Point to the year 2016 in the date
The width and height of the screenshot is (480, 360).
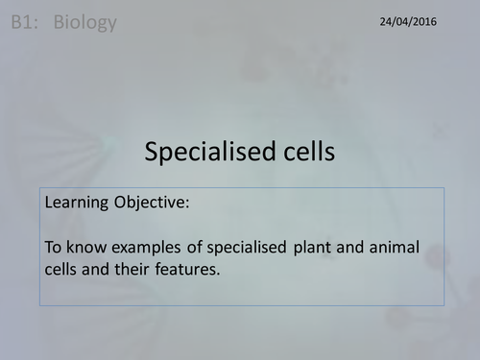point(420,20)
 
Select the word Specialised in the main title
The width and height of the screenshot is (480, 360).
point(203,151)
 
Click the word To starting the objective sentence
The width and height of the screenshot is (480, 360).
point(54,247)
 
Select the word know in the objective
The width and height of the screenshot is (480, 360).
point(86,247)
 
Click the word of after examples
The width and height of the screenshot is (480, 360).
point(197,247)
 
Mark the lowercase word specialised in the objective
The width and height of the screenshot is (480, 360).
point(249,247)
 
